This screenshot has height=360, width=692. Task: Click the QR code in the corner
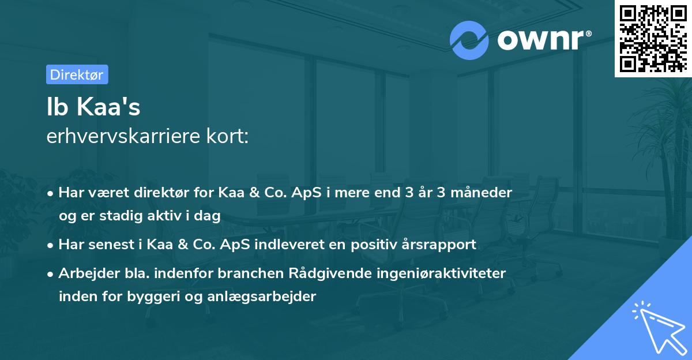pos(653,38)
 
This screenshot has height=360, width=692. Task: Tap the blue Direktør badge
pos(77,74)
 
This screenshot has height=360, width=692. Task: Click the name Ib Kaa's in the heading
pos(93,107)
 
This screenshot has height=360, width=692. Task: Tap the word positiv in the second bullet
pos(365,245)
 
